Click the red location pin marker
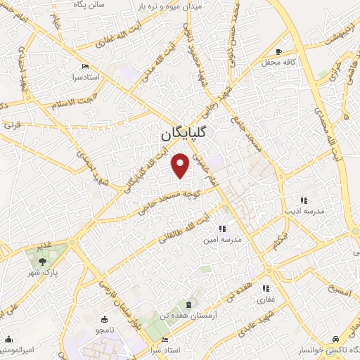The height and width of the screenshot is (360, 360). (x=181, y=166)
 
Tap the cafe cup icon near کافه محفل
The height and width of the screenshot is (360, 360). (x=279, y=51)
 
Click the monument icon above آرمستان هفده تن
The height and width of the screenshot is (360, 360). (x=188, y=304)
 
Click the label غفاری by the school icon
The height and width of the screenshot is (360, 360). (x=266, y=300)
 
